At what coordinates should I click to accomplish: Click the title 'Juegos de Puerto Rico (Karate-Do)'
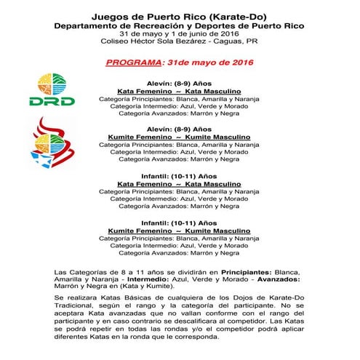tap(180, 15)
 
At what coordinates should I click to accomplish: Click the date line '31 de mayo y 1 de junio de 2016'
tap(180, 35)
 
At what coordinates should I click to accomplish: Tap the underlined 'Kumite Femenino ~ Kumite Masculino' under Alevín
tap(180, 136)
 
